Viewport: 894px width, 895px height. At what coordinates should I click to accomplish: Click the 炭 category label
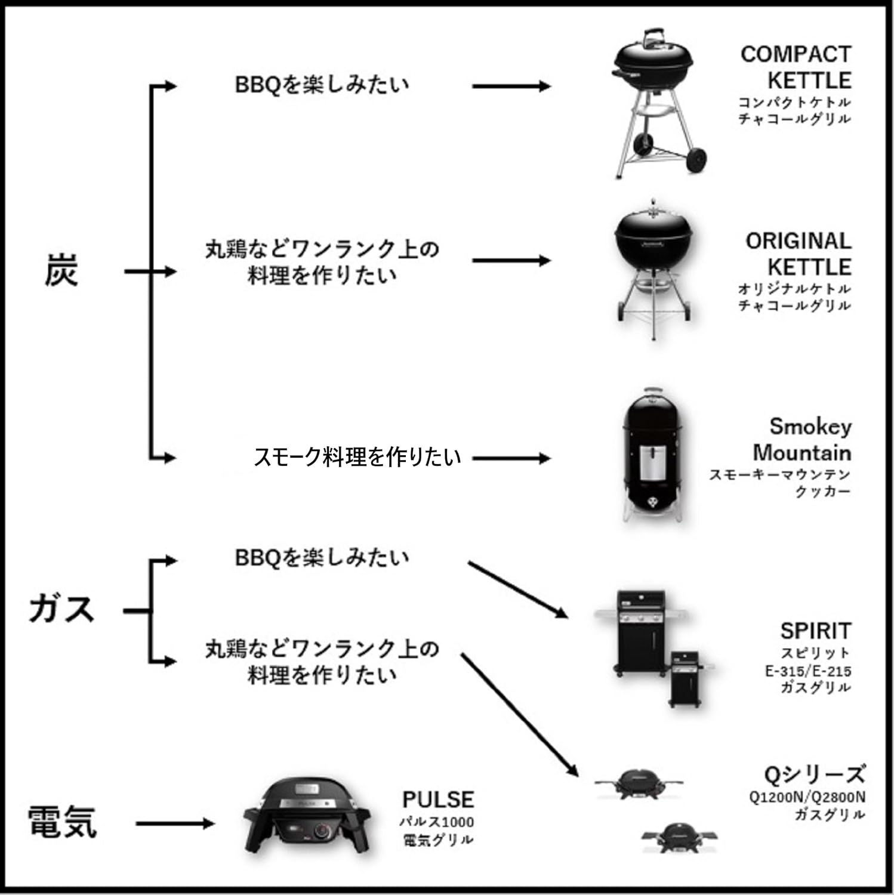(61, 271)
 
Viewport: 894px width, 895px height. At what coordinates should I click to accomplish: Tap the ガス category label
(62, 610)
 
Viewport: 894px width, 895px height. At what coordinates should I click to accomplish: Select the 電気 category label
(62, 822)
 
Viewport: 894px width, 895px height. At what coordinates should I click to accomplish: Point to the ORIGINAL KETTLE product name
(798, 254)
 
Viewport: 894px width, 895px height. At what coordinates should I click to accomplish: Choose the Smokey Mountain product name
(801, 439)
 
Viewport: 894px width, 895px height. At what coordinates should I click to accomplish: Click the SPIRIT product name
(815, 631)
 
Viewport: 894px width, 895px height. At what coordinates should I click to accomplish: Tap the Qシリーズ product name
(814, 774)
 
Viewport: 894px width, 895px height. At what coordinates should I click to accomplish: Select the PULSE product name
(438, 799)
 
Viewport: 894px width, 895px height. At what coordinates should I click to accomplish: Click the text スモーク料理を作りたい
(357, 457)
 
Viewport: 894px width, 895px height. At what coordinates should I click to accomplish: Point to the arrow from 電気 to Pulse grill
(174, 824)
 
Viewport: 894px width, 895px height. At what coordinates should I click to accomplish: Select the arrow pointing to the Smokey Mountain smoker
(511, 458)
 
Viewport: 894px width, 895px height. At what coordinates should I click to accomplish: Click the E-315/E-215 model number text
(808, 671)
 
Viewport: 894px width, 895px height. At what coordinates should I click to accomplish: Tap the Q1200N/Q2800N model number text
(807, 797)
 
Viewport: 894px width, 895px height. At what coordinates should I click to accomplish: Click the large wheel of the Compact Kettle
(696, 159)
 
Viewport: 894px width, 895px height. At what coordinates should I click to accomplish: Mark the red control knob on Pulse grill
(323, 831)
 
